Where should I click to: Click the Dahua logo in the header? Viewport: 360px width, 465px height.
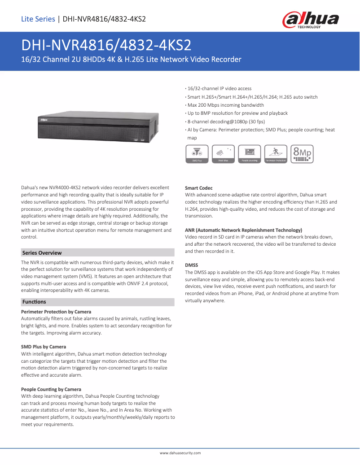click(x=310, y=20)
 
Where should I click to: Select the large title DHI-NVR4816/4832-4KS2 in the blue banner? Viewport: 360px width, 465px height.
click(x=106, y=45)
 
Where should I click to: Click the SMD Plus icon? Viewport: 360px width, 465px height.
click(x=197, y=154)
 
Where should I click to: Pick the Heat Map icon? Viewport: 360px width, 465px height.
click(x=223, y=154)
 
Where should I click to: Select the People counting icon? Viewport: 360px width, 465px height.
click(x=250, y=154)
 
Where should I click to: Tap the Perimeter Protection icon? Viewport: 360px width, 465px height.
click(x=276, y=154)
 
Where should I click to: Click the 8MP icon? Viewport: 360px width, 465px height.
click(x=302, y=154)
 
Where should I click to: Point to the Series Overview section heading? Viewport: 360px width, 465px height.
click(x=42, y=253)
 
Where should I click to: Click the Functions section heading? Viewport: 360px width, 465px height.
click(x=34, y=302)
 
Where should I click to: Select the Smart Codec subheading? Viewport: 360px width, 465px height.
click(x=199, y=188)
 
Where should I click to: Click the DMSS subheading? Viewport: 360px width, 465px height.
click(x=192, y=265)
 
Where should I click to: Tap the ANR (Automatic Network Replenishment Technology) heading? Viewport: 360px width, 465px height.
click(x=243, y=230)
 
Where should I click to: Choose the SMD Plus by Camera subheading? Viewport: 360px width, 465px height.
click(x=44, y=347)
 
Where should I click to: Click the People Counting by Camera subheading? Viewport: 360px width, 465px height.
click(x=51, y=389)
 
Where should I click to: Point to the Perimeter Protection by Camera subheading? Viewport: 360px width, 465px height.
click(x=56, y=312)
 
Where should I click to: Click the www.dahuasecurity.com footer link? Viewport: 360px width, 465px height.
click(x=180, y=453)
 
